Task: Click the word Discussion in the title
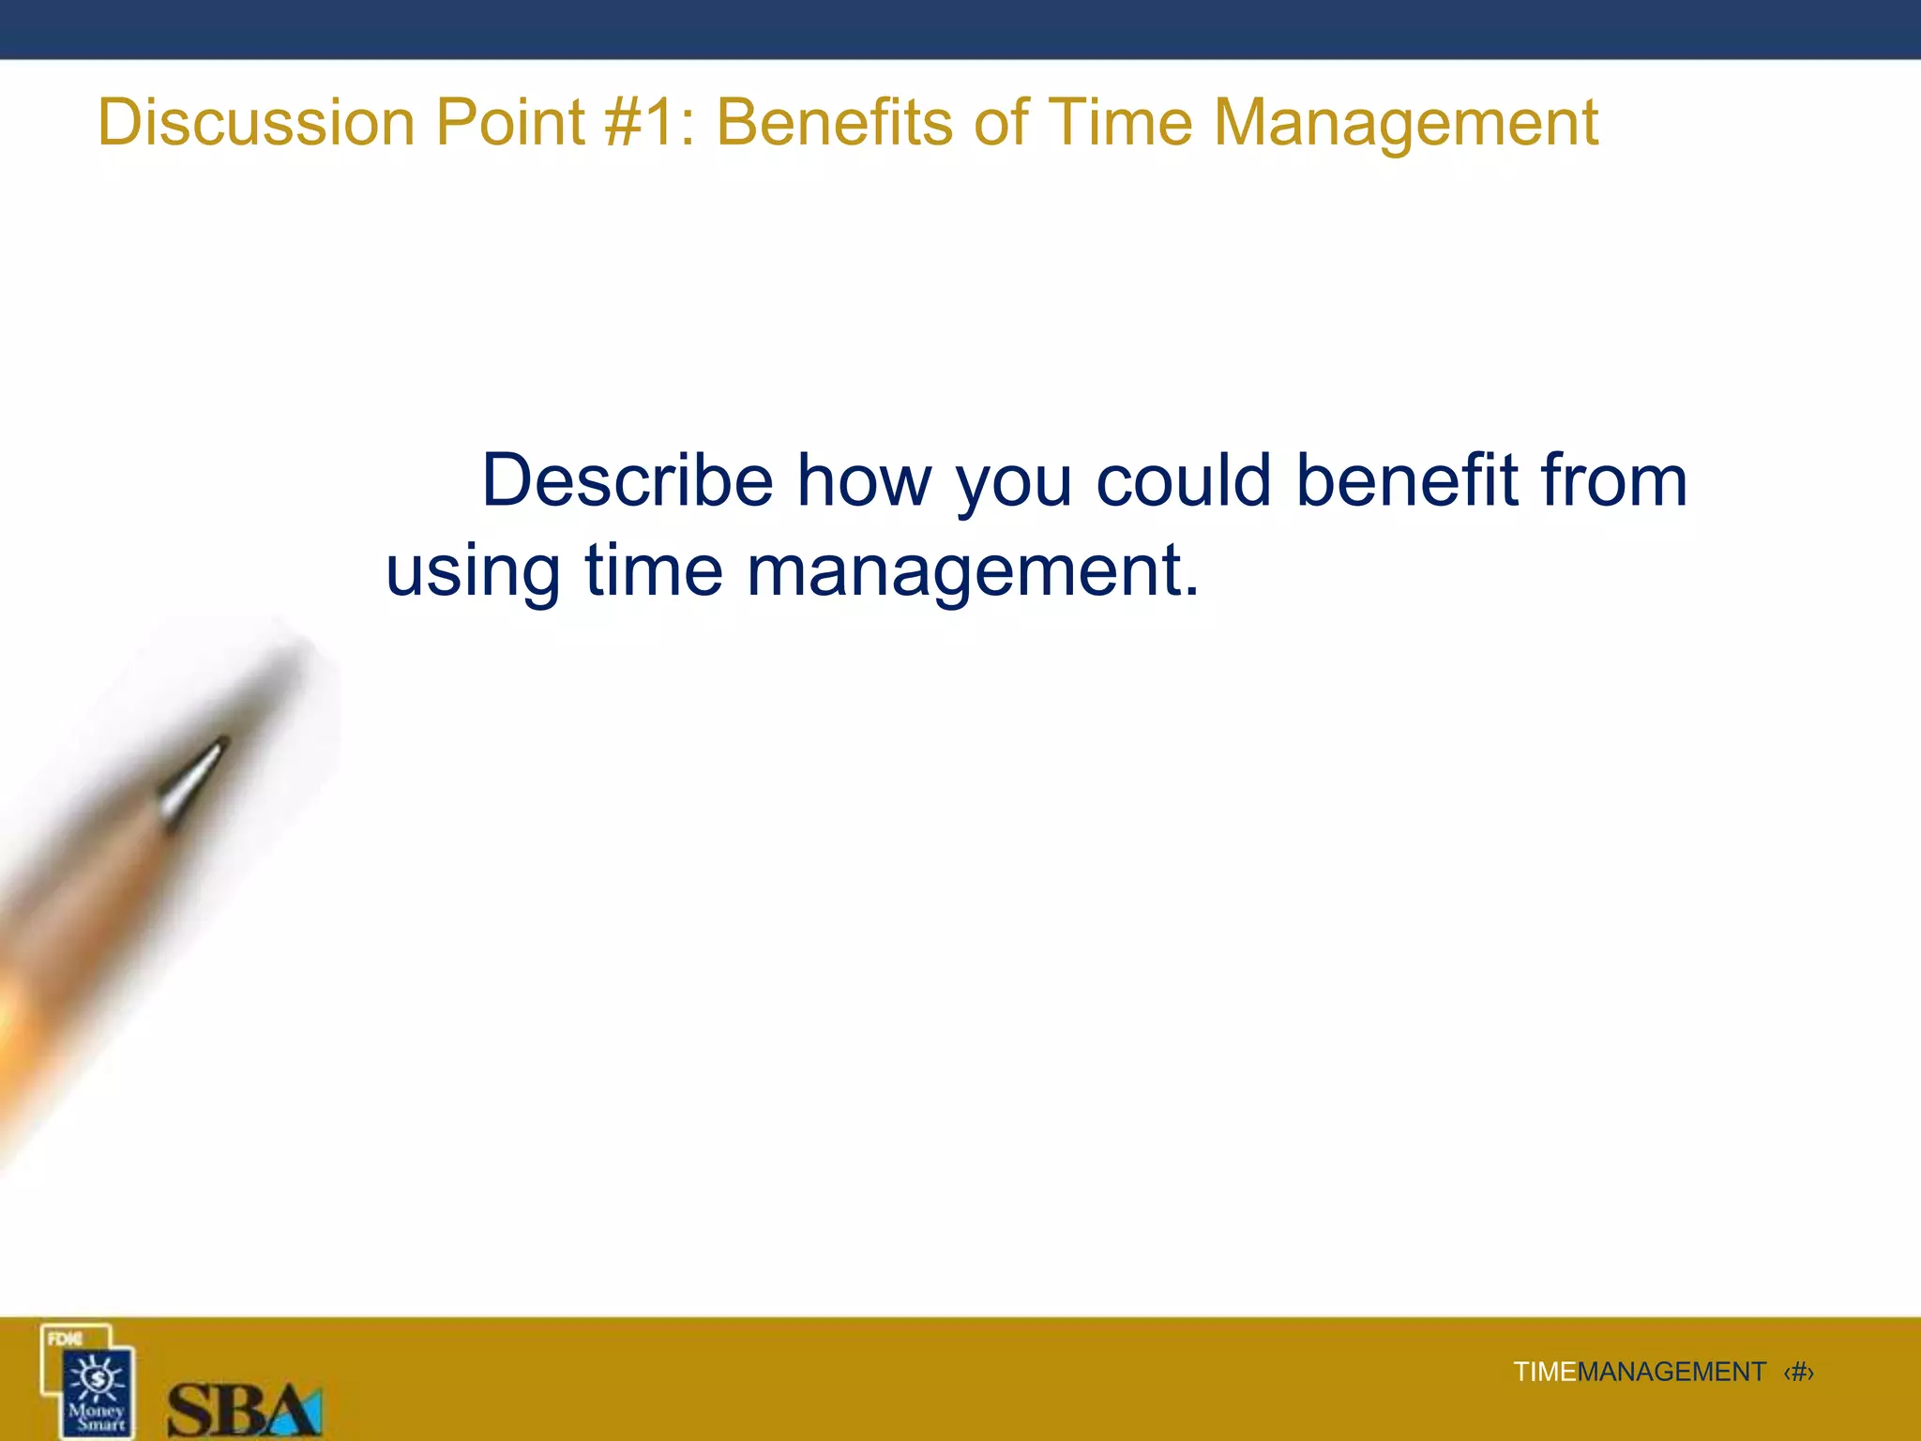[256, 123]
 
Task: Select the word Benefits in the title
[836, 123]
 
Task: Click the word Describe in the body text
[627, 481]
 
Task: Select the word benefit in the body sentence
[1406, 481]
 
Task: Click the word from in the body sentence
[1613, 481]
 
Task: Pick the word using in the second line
[473, 572]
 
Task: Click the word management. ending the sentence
[973, 572]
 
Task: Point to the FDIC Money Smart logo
[88, 1382]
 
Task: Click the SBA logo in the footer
[244, 1409]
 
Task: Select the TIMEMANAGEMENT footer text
[1639, 1372]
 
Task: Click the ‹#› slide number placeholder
[1798, 1372]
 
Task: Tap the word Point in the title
[511, 123]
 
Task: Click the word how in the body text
[864, 481]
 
